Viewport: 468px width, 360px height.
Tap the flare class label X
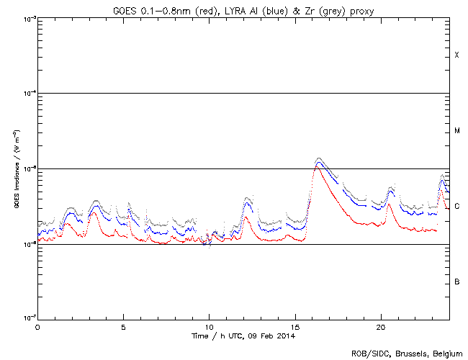[x=456, y=55]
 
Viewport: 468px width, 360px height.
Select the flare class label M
[x=456, y=131]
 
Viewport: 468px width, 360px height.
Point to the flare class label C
[x=456, y=207]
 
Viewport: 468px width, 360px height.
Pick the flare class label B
[x=456, y=282]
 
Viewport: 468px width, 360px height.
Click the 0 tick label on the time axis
[x=37, y=327]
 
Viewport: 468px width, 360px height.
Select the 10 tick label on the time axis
[x=209, y=327]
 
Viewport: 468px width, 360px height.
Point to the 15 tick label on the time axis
[x=294, y=327]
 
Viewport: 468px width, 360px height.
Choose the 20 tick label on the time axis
[x=380, y=327]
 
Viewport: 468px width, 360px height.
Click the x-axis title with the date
[x=243, y=336]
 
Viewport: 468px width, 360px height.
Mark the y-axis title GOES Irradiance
[x=15, y=170]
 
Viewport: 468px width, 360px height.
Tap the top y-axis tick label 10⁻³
[x=27, y=18]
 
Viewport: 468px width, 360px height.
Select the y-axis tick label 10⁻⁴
[x=27, y=94]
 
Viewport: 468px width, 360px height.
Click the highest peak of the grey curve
[x=319, y=158]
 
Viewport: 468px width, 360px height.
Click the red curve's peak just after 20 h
[x=389, y=204]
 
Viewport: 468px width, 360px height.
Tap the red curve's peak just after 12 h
[x=247, y=217]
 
